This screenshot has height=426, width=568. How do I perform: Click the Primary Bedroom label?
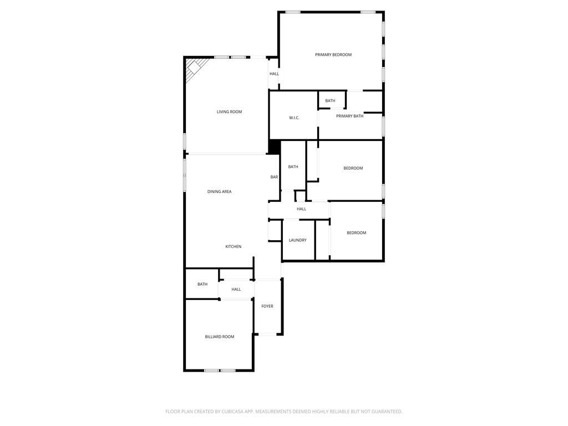click(x=333, y=55)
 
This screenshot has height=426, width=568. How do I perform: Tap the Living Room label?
click(x=229, y=112)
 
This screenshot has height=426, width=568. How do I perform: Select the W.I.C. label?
click(x=294, y=118)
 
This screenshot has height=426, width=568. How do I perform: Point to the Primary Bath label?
click(x=349, y=116)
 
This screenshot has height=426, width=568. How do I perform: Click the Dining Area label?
click(x=219, y=191)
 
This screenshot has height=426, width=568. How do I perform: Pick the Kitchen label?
click(x=234, y=247)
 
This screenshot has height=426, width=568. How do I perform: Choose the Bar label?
click(x=274, y=177)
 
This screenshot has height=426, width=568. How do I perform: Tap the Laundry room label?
click(x=297, y=240)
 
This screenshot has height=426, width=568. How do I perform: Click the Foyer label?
click(x=267, y=306)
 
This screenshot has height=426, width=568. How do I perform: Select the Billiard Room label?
click(x=220, y=337)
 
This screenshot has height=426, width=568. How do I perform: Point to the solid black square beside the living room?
click(x=274, y=146)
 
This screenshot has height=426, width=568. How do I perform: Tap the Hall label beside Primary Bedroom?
click(x=274, y=74)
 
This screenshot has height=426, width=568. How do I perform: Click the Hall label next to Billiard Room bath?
click(x=236, y=290)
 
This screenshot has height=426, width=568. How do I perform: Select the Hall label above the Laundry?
click(x=301, y=209)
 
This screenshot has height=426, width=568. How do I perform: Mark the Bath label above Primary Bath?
click(x=330, y=101)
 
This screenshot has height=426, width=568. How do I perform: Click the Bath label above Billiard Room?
click(x=202, y=285)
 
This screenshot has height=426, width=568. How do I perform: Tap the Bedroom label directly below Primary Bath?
click(x=353, y=168)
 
